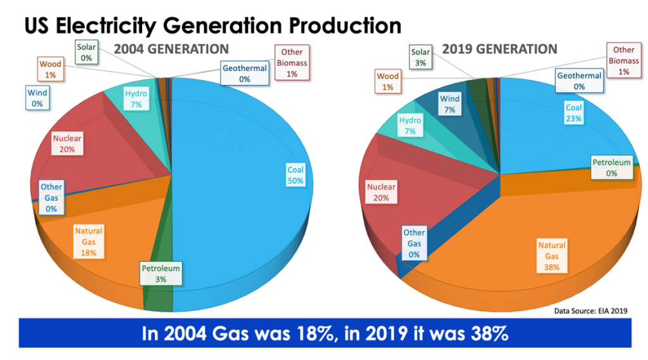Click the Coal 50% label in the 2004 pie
tap(295, 175)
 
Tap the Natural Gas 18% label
tap(88, 241)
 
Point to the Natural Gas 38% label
tap(552, 255)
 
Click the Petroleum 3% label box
tap(160, 273)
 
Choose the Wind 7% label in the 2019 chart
tap(450, 104)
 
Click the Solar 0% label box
tap(86, 52)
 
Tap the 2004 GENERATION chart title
tap(171, 49)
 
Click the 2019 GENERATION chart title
tap(500, 49)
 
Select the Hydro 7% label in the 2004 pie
tap(136, 99)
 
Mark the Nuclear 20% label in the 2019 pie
tap(381, 192)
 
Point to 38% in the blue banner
tap(486, 333)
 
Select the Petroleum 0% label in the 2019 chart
tap(612, 167)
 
